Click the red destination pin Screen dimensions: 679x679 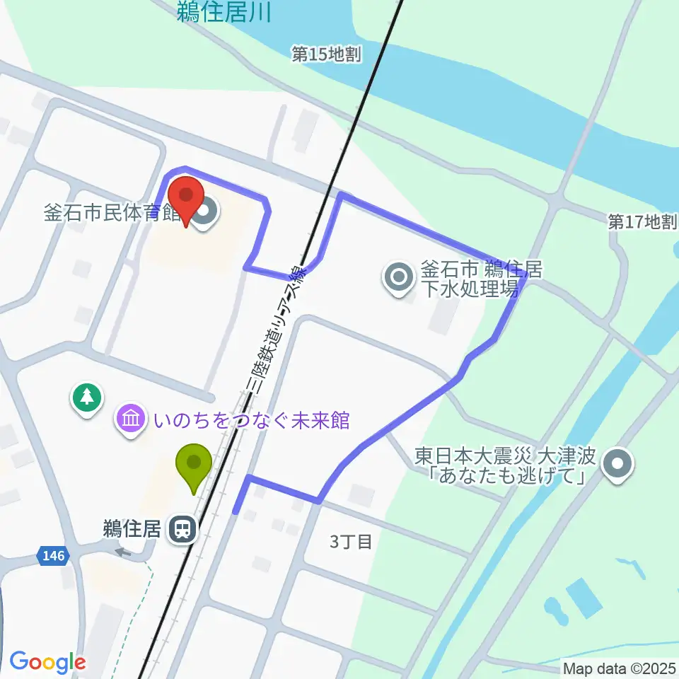pos(185,199)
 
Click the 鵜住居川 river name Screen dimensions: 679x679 pos(224,11)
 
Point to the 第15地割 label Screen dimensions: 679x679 pos(327,54)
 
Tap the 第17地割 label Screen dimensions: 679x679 pos(642,222)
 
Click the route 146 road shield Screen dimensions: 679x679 pos(54,556)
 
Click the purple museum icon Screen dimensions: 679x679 pos(131,419)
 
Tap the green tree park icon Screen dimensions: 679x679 pos(87,397)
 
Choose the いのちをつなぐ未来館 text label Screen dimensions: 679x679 pos(252,420)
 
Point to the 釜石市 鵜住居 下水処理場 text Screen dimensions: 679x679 pos(481,279)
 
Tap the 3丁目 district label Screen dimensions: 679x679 pos(351,542)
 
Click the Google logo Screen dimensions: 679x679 pos(47,662)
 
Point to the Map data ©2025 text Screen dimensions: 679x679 pos(620,668)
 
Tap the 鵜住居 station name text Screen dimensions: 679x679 pos(132,528)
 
